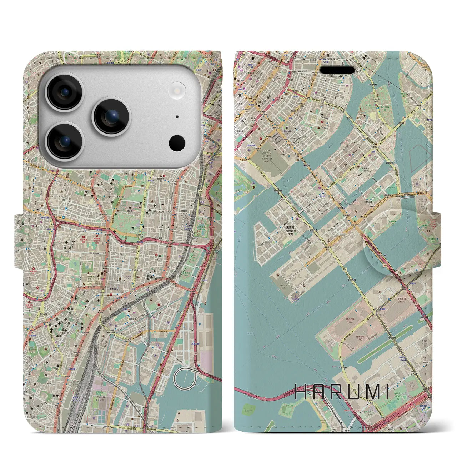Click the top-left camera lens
coord(65,92)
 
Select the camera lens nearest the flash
coord(112,116)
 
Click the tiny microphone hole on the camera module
coord(177,117)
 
